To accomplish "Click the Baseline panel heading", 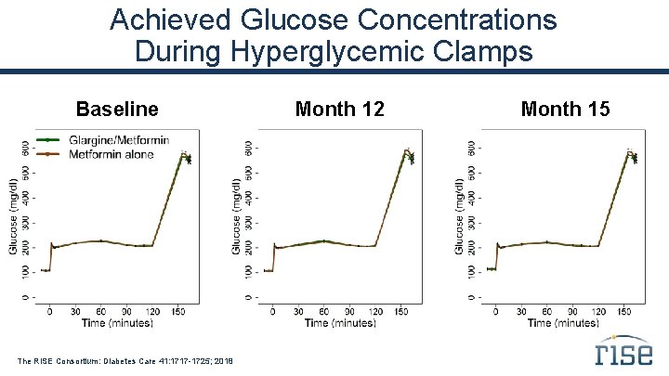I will (x=117, y=110).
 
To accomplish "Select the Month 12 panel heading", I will (x=339, y=110).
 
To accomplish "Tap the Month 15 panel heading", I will (x=565, y=110).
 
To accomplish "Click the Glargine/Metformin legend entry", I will (x=104, y=140).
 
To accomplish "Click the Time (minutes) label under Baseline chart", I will (x=116, y=322).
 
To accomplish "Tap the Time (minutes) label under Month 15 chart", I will (x=563, y=322).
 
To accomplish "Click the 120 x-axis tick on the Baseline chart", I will (x=153, y=311).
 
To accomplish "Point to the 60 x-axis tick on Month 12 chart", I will (x=323, y=311).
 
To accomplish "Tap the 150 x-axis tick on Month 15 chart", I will (x=624, y=311).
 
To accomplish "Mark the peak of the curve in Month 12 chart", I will (x=406, y=150).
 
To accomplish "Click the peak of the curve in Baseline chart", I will (x=184, y=152).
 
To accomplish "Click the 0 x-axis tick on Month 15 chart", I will (x=496, y=311).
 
